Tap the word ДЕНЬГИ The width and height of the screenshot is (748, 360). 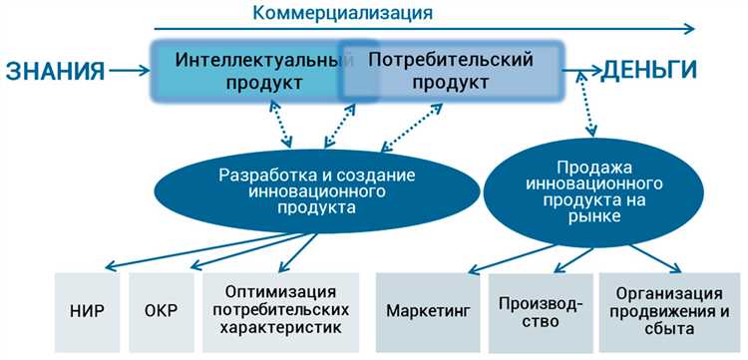pyautogui.click(x=645, y=71)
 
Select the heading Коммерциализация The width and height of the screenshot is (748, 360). pyautogui.click(x=342, y=13)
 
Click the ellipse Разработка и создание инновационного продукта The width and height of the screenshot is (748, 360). pyautogui.click(x=316, y=190)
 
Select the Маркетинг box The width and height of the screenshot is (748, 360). pyautogui.click(x=427, y=309)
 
